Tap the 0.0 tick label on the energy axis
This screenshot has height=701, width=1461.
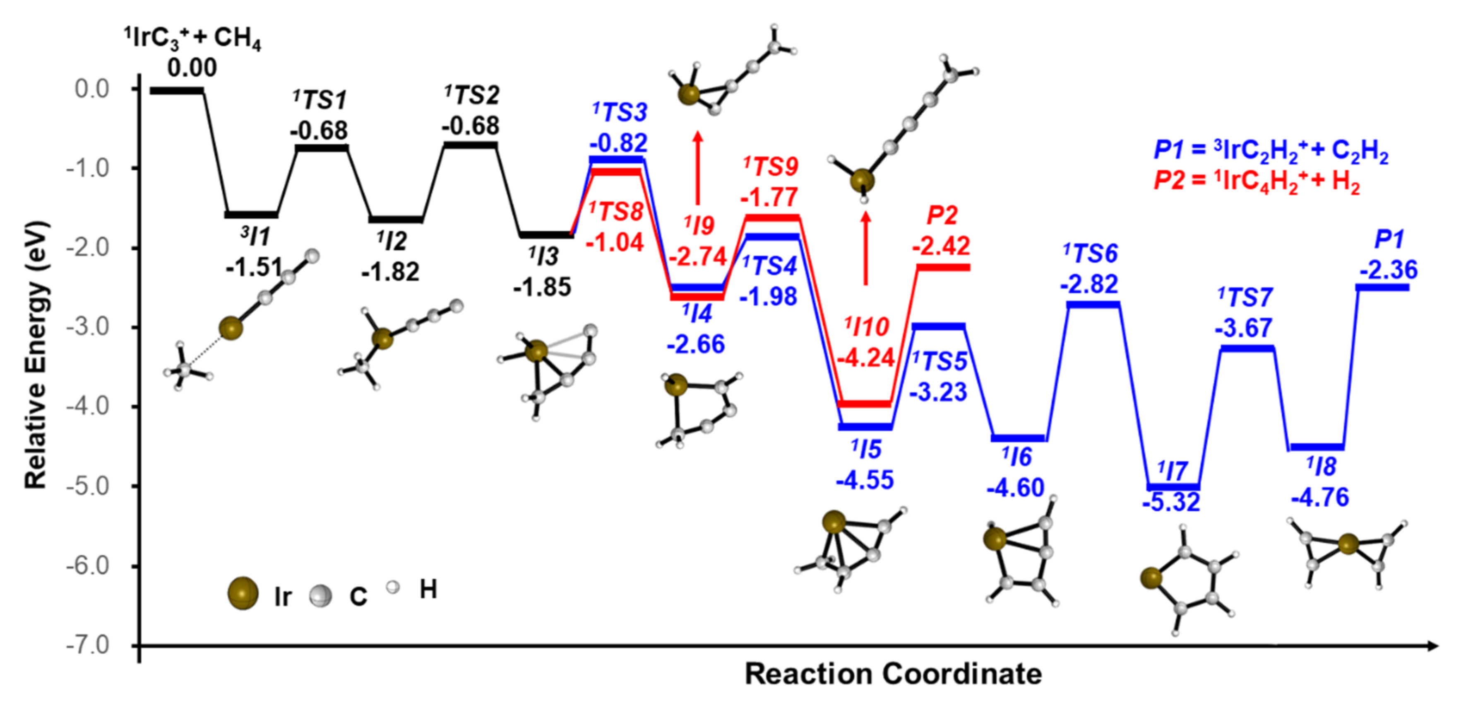[x=92, y=89]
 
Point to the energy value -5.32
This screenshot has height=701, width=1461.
[x=1171, y=502]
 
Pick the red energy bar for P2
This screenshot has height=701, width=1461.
[x=943, y=267]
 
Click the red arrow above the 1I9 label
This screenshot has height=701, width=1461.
[x=698, y=167]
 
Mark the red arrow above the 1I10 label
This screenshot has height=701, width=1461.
[x=865, y=247]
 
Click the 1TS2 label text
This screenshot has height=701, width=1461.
[x=472, y=95]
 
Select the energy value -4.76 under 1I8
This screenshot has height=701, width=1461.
[x=1320, y=498]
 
